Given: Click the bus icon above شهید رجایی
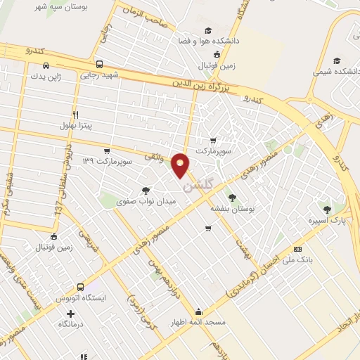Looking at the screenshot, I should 100,63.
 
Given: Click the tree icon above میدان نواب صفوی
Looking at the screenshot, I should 146,189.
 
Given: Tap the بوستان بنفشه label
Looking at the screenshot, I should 232,208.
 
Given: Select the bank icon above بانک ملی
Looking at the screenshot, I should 297,249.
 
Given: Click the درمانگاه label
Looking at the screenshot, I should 62,323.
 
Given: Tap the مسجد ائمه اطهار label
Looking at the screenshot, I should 199,323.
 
